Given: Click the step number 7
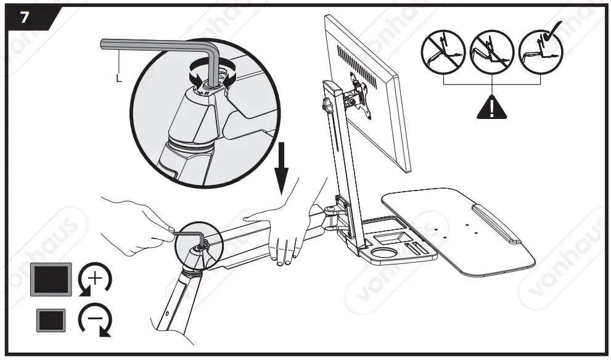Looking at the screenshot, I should tap(24, 17).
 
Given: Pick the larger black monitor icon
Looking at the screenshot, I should tap(52, 279).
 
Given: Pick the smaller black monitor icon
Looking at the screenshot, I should tap(52, 320).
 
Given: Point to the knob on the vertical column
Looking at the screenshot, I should tap(327, 107).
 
